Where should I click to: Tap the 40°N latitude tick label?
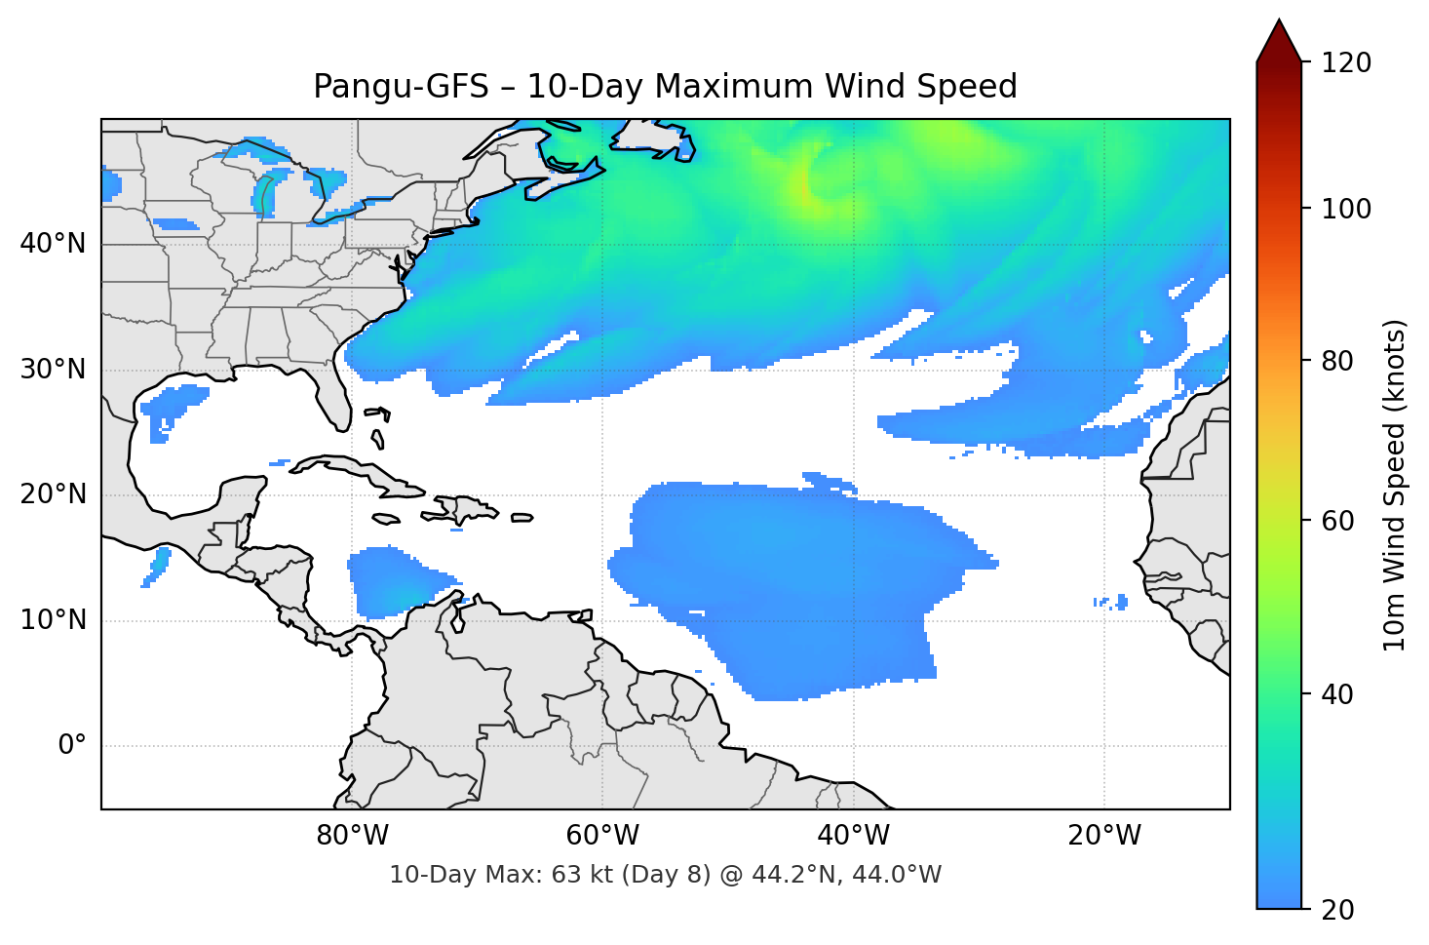tap(53, 243)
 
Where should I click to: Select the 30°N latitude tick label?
tap(53, 369)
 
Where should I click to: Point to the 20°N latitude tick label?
tap(53, 494)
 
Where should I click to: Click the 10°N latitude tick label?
tap(53, 619)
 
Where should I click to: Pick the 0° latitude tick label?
tap(72, 745)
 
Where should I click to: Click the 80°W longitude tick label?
tap(352, 836)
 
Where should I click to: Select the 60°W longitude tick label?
tap(602, 836)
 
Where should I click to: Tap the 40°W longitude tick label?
tap(854, 836)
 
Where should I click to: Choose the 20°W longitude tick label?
tap(1104, 836)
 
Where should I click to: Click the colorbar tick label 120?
tap(1346, 62)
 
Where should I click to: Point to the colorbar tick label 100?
tap(1346, 209)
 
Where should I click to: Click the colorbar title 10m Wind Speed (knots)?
tap(1395, 485)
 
